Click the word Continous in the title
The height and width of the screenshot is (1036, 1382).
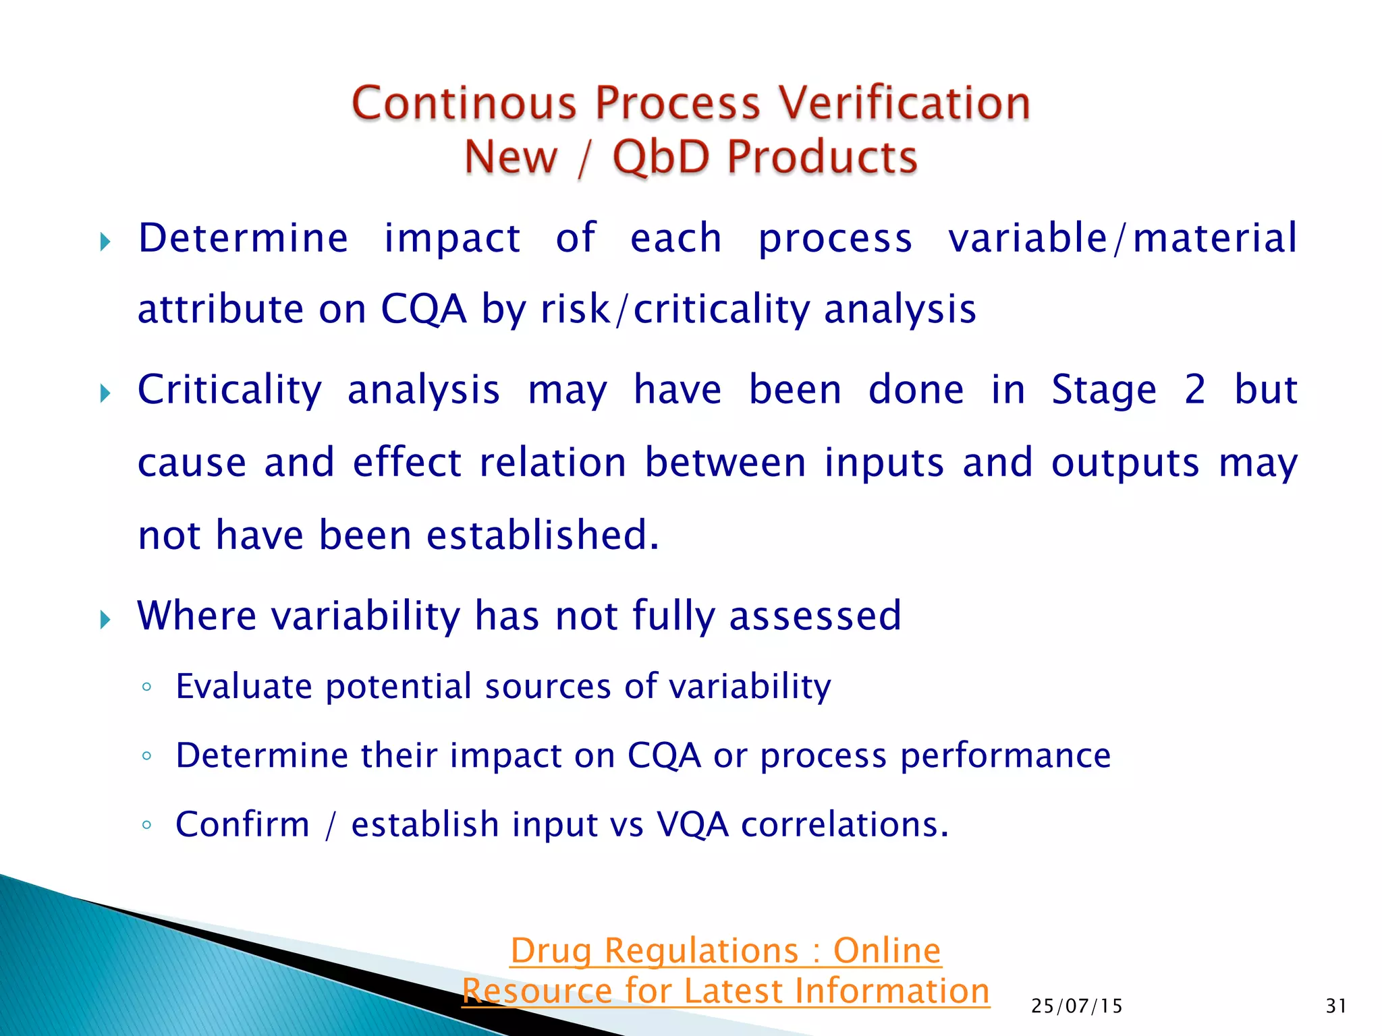(x=464, y=104)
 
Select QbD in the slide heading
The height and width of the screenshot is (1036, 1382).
(x=661, y=157)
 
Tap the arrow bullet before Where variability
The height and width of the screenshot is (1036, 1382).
(x=105, y=619)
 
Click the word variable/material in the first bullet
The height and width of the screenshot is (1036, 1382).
(x=1122, y=238)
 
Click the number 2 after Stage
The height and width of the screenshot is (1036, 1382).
(x=1194, y=389)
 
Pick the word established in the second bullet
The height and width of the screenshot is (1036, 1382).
(x=542, y=535)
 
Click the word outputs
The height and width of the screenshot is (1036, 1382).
(x=1125, y=463)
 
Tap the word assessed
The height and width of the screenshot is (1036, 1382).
(x=814, y=615)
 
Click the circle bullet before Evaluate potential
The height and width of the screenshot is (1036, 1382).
(x=146, y=688)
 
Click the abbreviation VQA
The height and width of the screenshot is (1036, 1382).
(x=692, y=824)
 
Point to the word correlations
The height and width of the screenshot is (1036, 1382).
(x=844, y=824)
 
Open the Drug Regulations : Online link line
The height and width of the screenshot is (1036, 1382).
(x=725, y=951)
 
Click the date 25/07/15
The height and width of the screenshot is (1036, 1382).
(x=1076, y=1006)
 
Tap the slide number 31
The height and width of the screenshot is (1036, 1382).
(x=1335, y=1006)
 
